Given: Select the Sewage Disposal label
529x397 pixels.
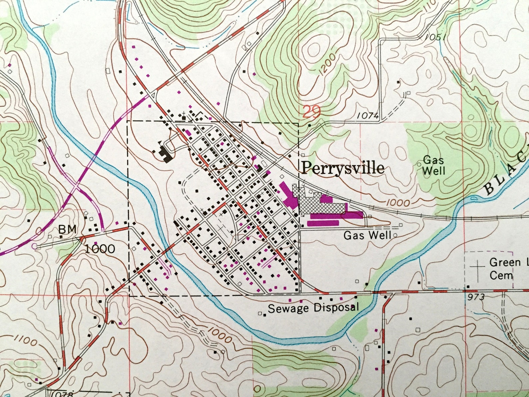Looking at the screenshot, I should pyautogui.click(x=313, y=308).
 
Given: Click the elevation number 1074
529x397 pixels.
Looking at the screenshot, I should pyautogui.click(x=368, y=116).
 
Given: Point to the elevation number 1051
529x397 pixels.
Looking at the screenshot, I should pyautogui.click(x=435, y=37).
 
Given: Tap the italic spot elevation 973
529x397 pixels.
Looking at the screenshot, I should pyautogui.click(x=475, y=297).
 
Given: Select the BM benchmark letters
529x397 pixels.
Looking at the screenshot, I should pyautogui.click(x=68, y=229).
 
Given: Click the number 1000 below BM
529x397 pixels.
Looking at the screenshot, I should pyautogui.click(x=100, y=249).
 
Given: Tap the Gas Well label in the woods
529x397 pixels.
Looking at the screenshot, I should pyautogui.click(x=434, y=166).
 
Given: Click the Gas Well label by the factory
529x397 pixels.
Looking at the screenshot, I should pyautogui.click(x=367, y=236).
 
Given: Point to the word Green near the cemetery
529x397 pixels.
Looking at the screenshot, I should pyautogui.click(x=505, y=263).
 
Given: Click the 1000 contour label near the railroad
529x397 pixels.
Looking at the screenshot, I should pyautogui.click(x=398, y=203).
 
